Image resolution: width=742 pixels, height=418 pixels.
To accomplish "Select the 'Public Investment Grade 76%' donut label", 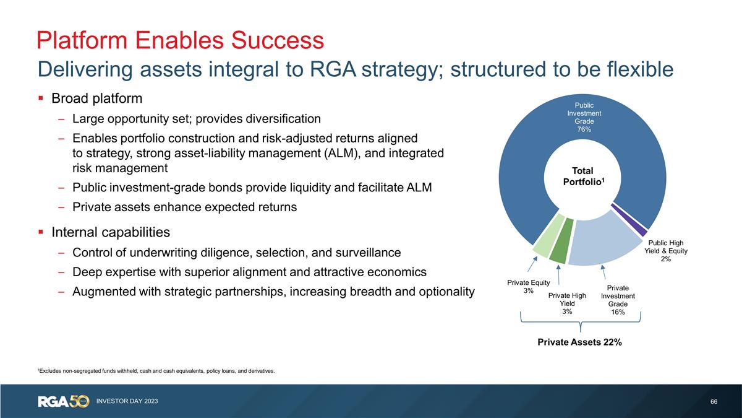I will (x=584, y=118).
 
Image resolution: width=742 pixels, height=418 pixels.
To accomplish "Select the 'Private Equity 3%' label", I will (x=528, y=287).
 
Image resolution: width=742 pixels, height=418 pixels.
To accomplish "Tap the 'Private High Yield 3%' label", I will (x=567, y=303).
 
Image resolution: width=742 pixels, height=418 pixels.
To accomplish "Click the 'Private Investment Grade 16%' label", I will (x=618, y=300).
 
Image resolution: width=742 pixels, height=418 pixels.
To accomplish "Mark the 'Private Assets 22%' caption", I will (x=579, y=341).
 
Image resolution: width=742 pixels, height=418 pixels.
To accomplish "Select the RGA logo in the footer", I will (x=64, y=401).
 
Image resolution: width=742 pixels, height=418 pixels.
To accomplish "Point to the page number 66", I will (x=714, y=402).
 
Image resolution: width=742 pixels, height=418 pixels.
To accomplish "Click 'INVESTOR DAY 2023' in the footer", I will (x=127, y=402).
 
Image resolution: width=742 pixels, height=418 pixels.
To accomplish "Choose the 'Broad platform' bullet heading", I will (x=97, y=98).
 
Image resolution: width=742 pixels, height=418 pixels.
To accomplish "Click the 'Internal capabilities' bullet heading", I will (x=111, y=232).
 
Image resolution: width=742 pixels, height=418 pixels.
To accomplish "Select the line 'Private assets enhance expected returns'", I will (x=184, y=207).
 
